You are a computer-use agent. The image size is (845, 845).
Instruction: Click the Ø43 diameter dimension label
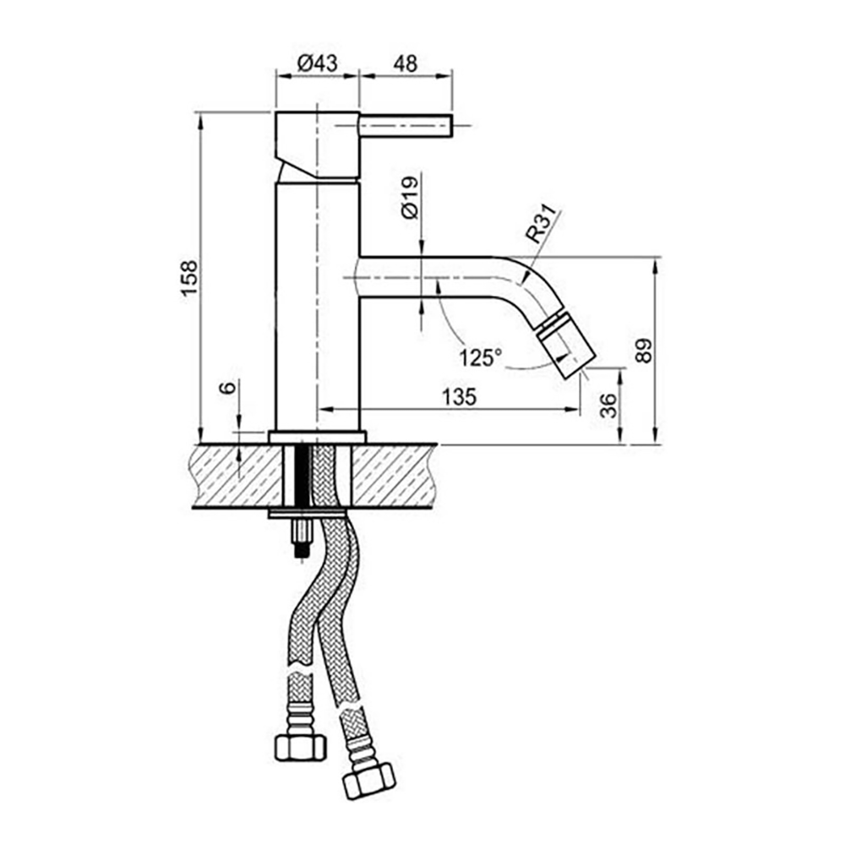pos(318,63)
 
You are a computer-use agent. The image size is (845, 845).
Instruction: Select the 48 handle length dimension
pos(404,63)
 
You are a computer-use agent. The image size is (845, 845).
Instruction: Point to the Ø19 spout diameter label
pos(410,198)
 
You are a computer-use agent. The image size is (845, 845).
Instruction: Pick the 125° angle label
pos(480,357)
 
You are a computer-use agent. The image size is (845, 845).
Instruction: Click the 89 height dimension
pos(644,351)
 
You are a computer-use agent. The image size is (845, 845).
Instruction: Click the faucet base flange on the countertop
pos(317,437)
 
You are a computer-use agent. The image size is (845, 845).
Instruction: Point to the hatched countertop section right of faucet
pos(393,475)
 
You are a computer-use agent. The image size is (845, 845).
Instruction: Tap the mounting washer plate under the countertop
pos(306,513)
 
